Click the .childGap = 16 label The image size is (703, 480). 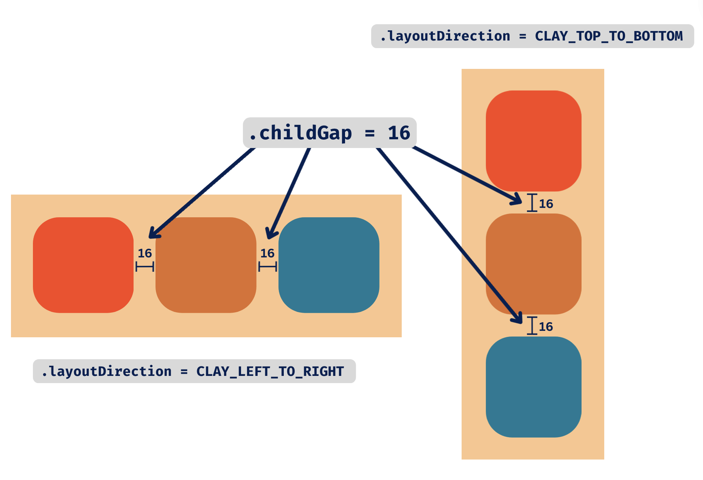330,133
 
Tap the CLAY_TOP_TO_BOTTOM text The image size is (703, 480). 608,36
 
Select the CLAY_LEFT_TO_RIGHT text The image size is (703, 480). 270,371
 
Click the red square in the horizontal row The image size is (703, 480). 83,265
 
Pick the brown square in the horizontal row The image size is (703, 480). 206,265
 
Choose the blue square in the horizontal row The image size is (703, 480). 329,265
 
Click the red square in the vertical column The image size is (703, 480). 533,141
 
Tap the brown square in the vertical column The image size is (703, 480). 533,264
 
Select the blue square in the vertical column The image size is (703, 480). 533,387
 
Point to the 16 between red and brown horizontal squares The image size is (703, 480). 145,253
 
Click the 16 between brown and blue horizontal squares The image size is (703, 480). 267,253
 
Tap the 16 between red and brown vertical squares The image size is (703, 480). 546,204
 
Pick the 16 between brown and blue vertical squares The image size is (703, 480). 546,327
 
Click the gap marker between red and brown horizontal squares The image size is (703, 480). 145,267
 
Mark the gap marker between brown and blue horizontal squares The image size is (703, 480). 268,267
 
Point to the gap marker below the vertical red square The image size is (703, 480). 532,203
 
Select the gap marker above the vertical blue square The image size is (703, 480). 532,326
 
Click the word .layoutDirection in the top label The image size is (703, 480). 445,36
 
